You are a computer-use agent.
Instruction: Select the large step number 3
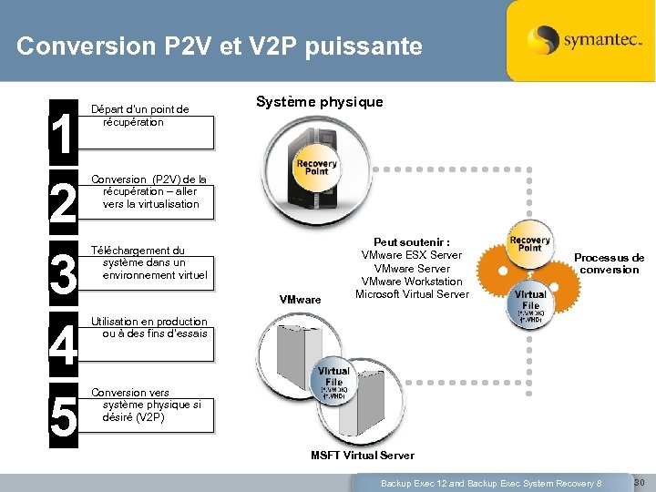coord(63,275)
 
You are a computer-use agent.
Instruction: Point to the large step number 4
coord(63,346)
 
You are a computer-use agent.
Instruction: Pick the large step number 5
coord(63,416)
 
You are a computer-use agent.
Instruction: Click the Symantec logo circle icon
coord(543,41)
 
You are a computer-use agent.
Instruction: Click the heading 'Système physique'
coord(319,101)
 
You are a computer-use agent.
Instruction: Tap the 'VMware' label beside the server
coord(300,299)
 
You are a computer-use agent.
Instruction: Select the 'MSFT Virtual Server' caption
coord(362,455)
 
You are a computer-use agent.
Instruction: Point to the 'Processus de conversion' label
coord(609,263)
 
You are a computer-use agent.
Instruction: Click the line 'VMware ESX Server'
coord(412,255)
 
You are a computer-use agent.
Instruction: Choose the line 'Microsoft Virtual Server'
coord(412,293)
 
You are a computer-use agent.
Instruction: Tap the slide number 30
coord(639,481)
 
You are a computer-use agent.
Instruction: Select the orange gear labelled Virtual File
coord(530,301)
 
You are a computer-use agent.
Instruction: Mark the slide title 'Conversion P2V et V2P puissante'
coord(220,46)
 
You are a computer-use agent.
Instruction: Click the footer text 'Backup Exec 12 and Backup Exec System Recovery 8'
coord(491,482)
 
